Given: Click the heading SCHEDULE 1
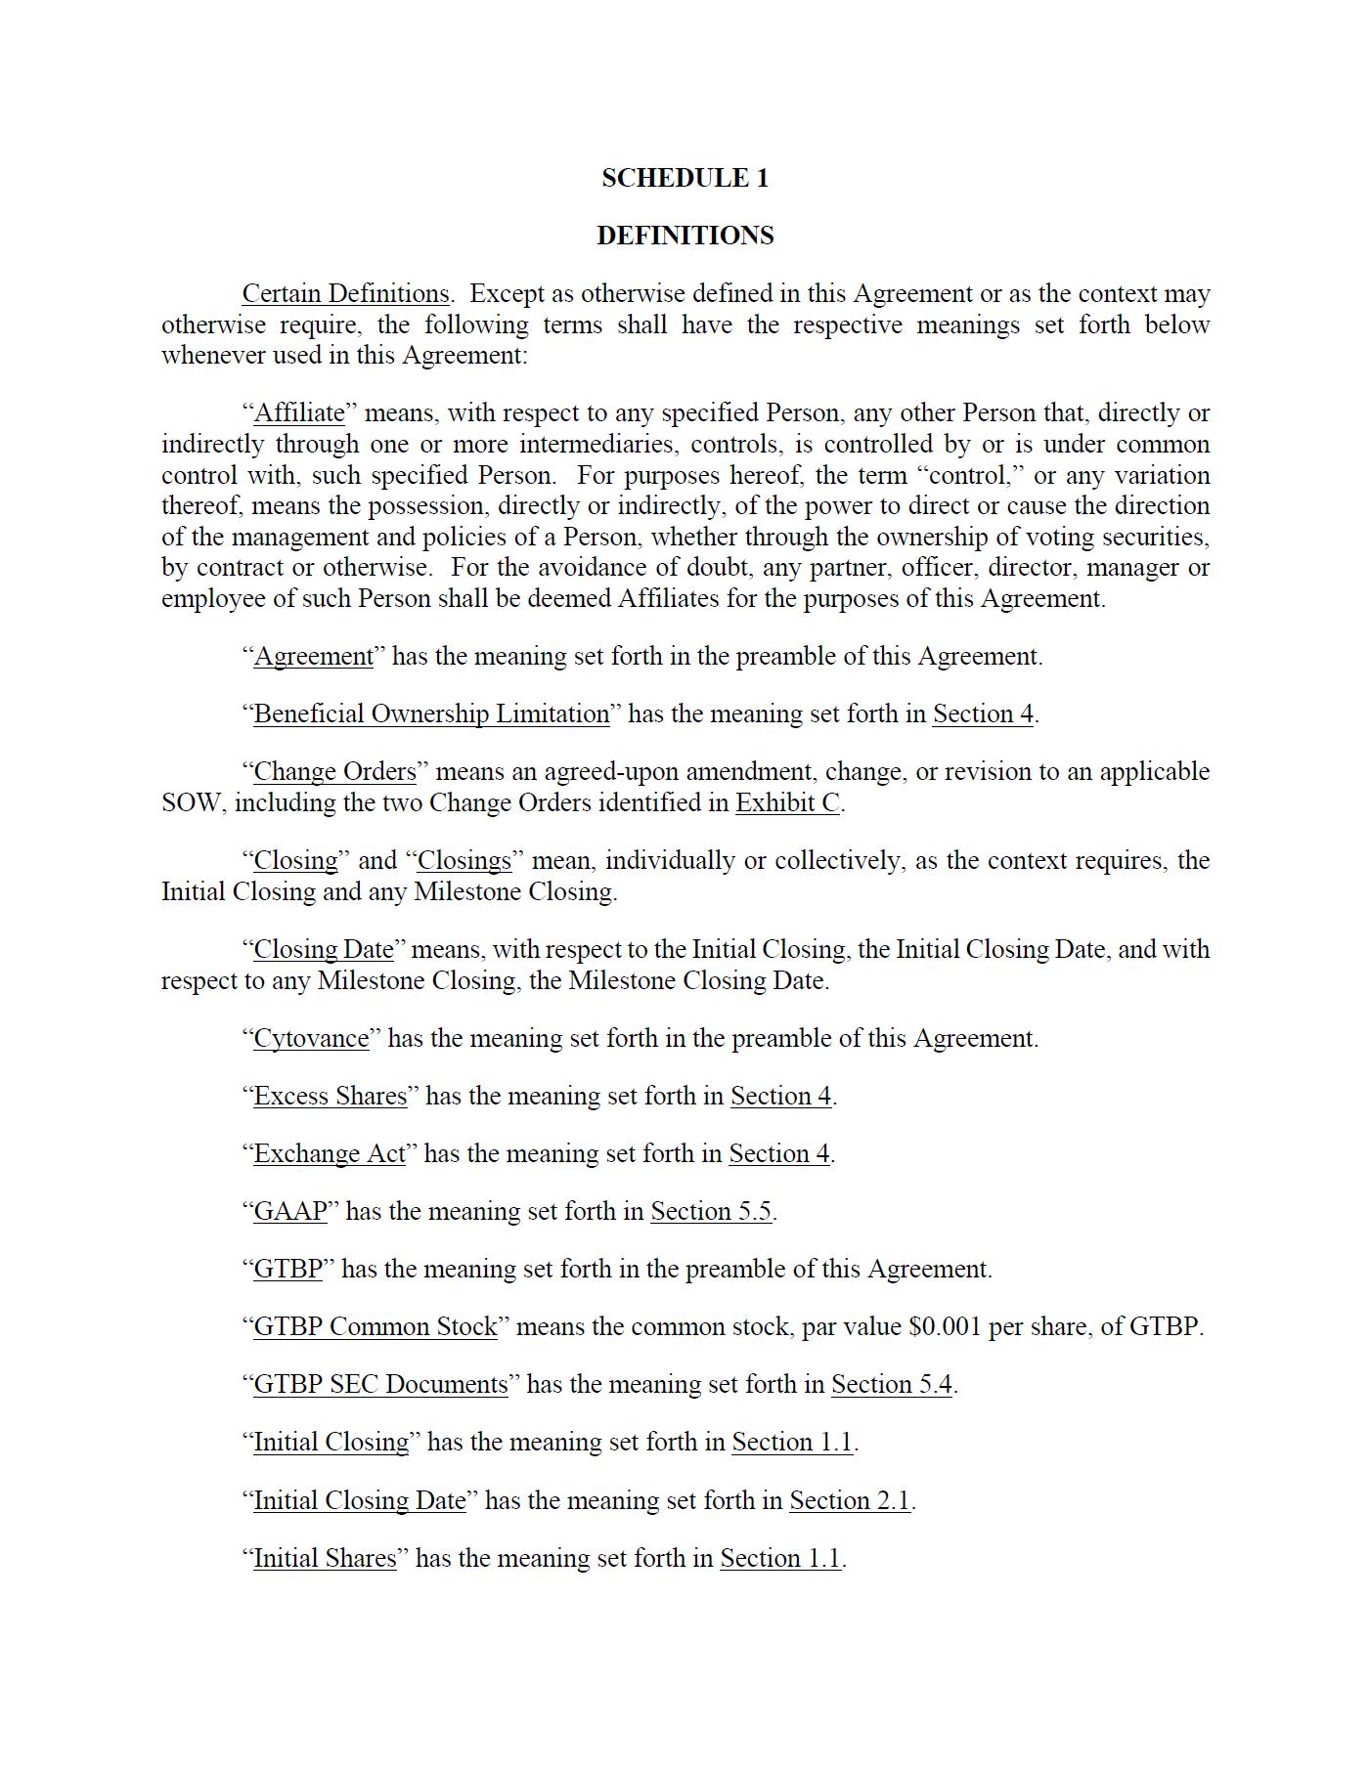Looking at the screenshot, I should (685, 178).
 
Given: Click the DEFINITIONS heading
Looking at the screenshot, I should (685, 236).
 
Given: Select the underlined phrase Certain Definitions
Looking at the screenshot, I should (345, 294).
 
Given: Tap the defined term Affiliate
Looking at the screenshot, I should (299, 413).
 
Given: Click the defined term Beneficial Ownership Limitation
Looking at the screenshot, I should (431, 714).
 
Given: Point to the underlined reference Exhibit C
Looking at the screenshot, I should (787, 803).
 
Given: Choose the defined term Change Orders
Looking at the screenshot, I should (334, 772).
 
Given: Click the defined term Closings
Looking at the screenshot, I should (464, 861).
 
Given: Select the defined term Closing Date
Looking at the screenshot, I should (324, 950).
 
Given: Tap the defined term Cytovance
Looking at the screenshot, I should (311, 1039).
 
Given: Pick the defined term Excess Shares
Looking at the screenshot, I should (331, 1097).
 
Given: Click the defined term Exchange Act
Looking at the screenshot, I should (330, 1154).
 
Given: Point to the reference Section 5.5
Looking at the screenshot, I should (711, 1212).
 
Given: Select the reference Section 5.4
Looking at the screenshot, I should (891, 1385).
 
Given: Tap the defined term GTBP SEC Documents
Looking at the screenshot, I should (380, 1385).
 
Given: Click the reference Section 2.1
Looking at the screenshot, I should (850, 1501).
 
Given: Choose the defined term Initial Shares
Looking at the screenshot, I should (325, 1559).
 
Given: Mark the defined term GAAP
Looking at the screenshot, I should (290, 1212).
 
